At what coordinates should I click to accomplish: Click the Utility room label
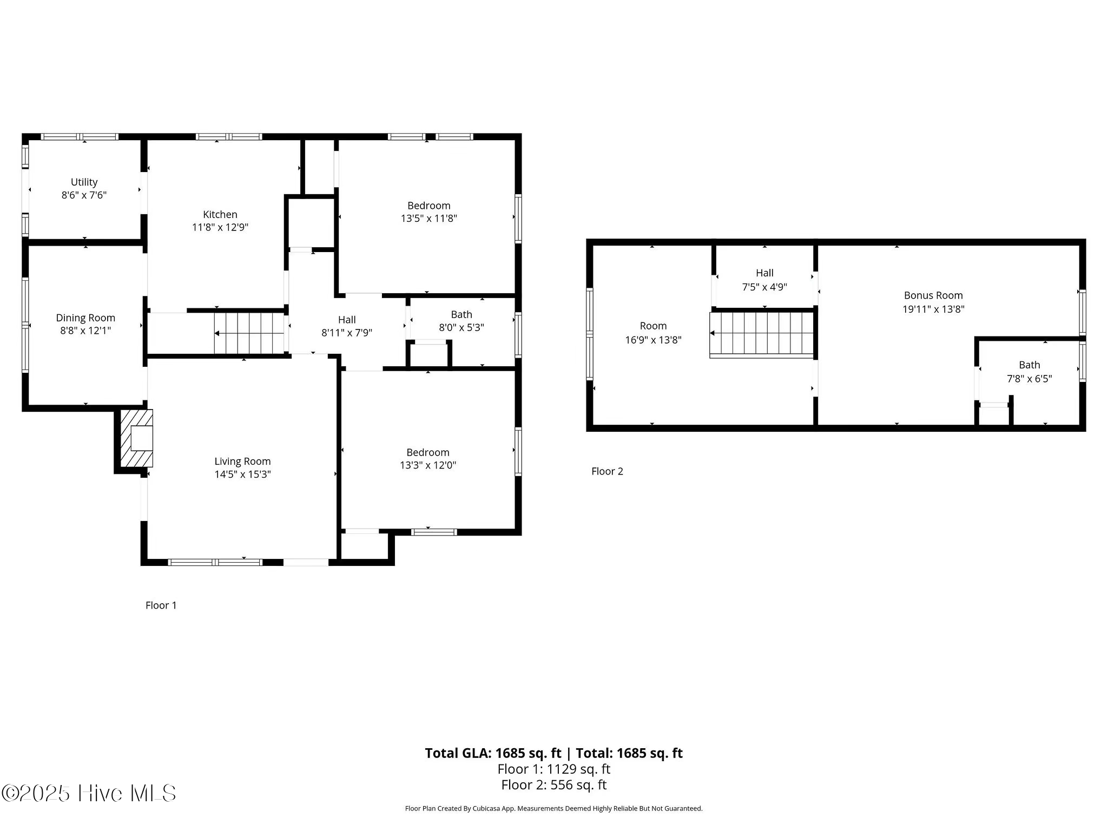point(84,182)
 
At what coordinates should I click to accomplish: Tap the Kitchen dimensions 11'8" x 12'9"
point(220,227)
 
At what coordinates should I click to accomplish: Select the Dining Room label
point(85,318)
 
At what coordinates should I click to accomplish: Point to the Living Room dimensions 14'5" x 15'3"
point(242,474)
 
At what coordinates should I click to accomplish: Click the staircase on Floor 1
point(249,334)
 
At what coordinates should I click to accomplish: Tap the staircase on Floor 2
point(762,334)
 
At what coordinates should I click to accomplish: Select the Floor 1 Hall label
point(347,319)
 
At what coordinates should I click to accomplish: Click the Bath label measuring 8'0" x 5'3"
point(461,314)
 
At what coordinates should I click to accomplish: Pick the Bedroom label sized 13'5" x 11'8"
point(428,206)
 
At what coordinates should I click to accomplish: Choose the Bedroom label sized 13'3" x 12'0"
point(427,452)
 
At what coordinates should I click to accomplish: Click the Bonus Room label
point(933,295)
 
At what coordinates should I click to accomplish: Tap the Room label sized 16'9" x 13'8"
point(653,326)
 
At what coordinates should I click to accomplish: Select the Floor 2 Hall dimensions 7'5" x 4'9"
point(764,287)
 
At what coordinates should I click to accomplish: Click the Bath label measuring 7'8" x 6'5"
point(1029,365)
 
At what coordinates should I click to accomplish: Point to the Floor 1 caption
point(161,605)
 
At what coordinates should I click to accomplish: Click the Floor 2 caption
point(607,471)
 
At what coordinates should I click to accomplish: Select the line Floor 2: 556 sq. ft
point(553,785)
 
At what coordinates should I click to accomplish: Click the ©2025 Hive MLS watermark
point(89,793)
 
